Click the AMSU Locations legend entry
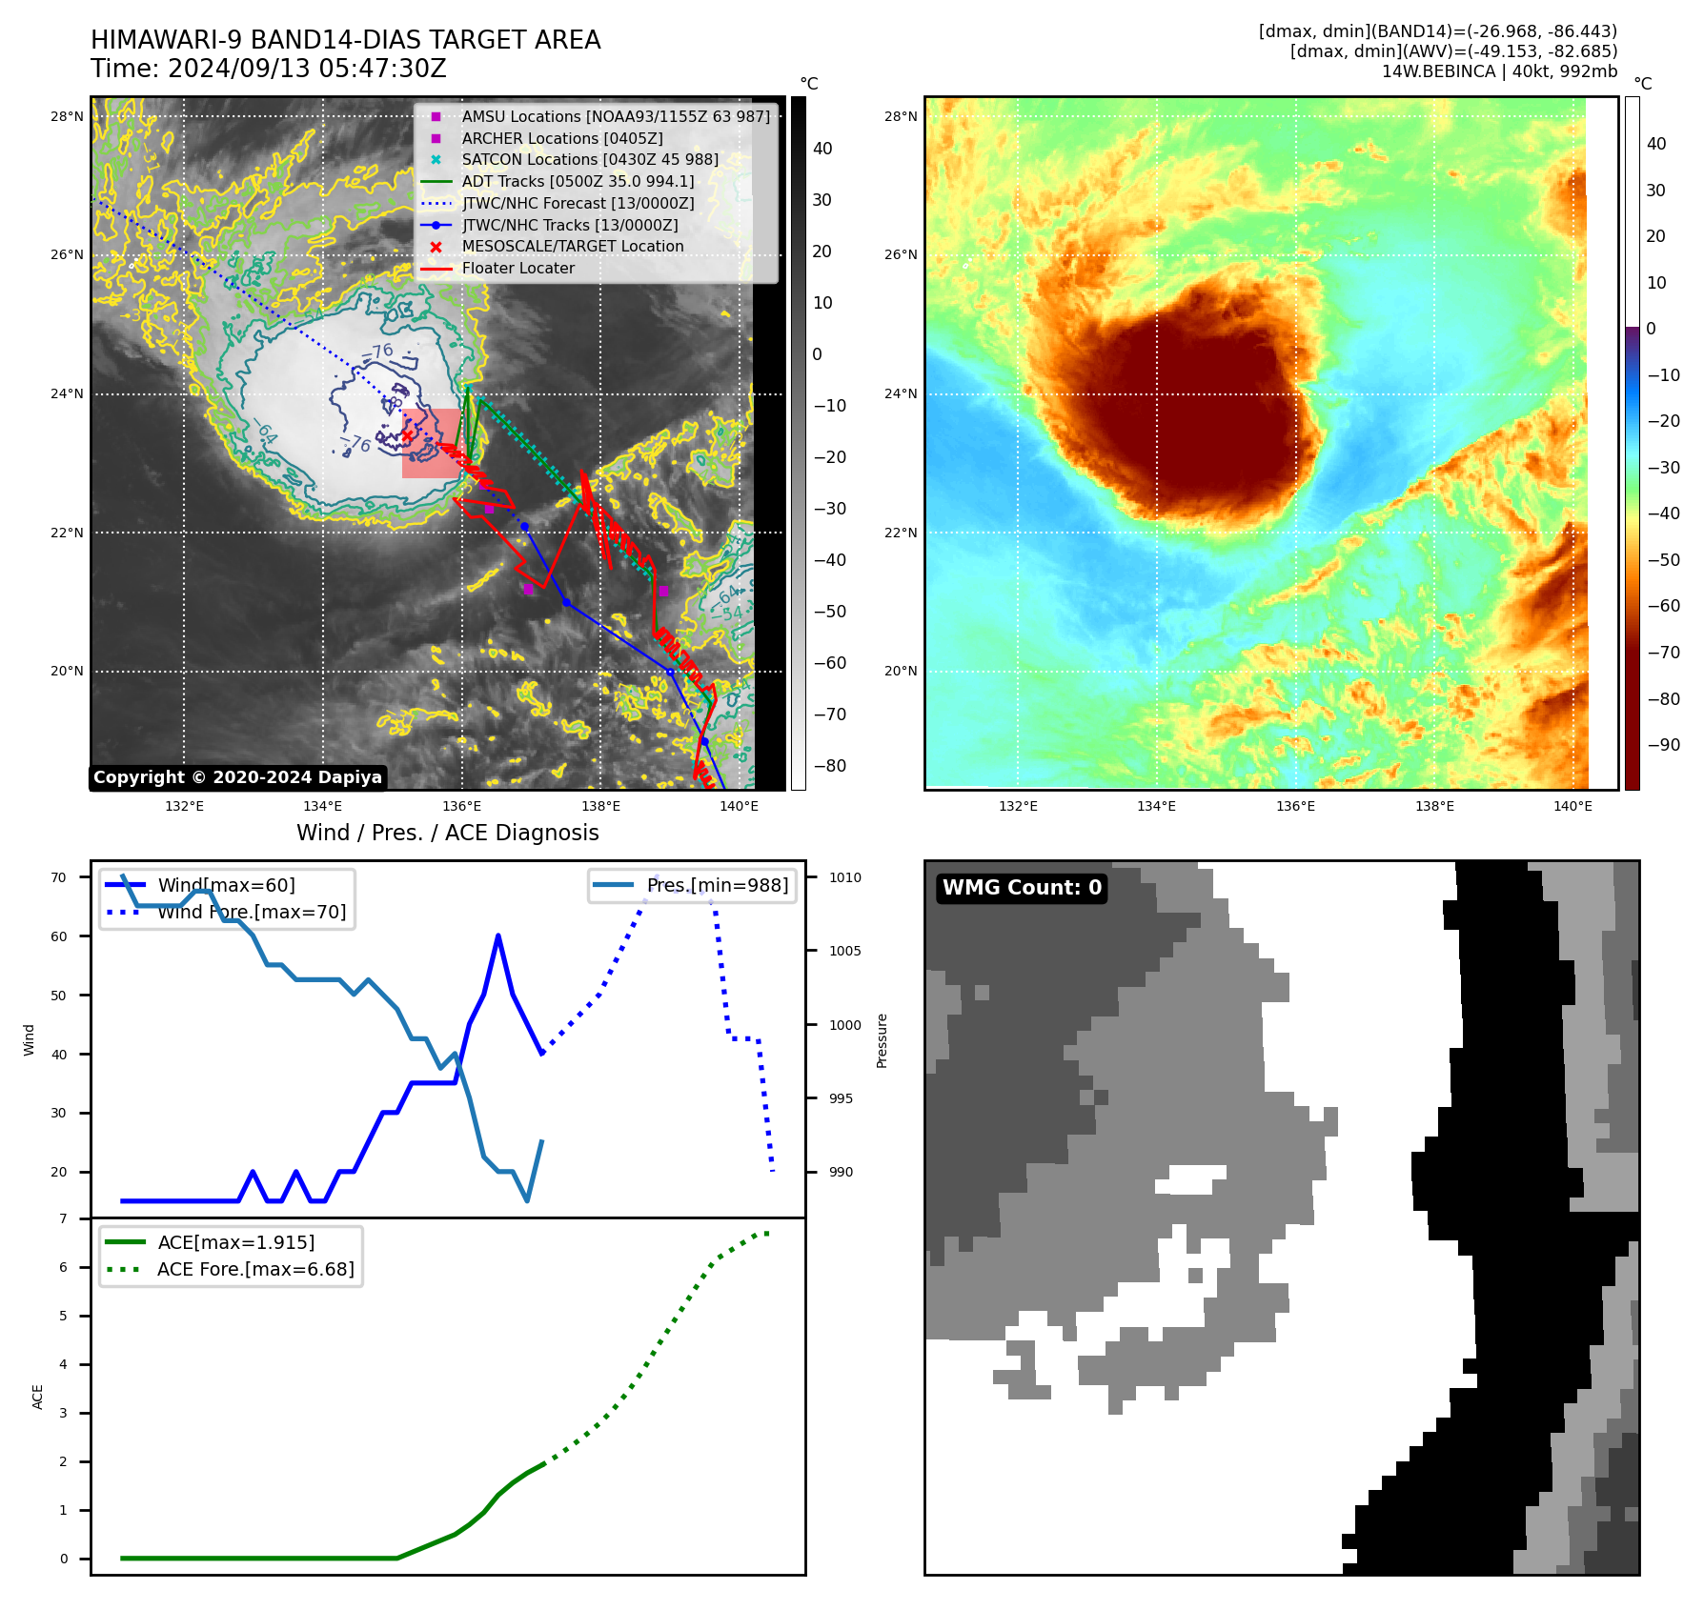tap(615, 116)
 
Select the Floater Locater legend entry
tap(517, 269)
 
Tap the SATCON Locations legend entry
tap(590, 160)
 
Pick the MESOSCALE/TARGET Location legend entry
tap(572, 247)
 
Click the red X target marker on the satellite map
tap(408, 435)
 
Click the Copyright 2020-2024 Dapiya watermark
tap(237, 777)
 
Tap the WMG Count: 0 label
tap(1022, 888)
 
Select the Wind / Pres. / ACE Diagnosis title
tap(447, 833)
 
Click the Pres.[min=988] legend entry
tap(717, 885)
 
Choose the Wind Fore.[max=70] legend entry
tap(252, 912)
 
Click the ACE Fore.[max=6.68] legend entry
tap(255, 1269)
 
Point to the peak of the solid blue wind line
tap(498, 936)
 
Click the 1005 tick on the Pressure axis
tap(844, 951)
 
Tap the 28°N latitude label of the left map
tap(67, 117)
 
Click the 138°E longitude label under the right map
tap(1434, 806)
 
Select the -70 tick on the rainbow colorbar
tap(1664, 653)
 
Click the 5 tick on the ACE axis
tap(64, 1316)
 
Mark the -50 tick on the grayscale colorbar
tap(829, 612)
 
